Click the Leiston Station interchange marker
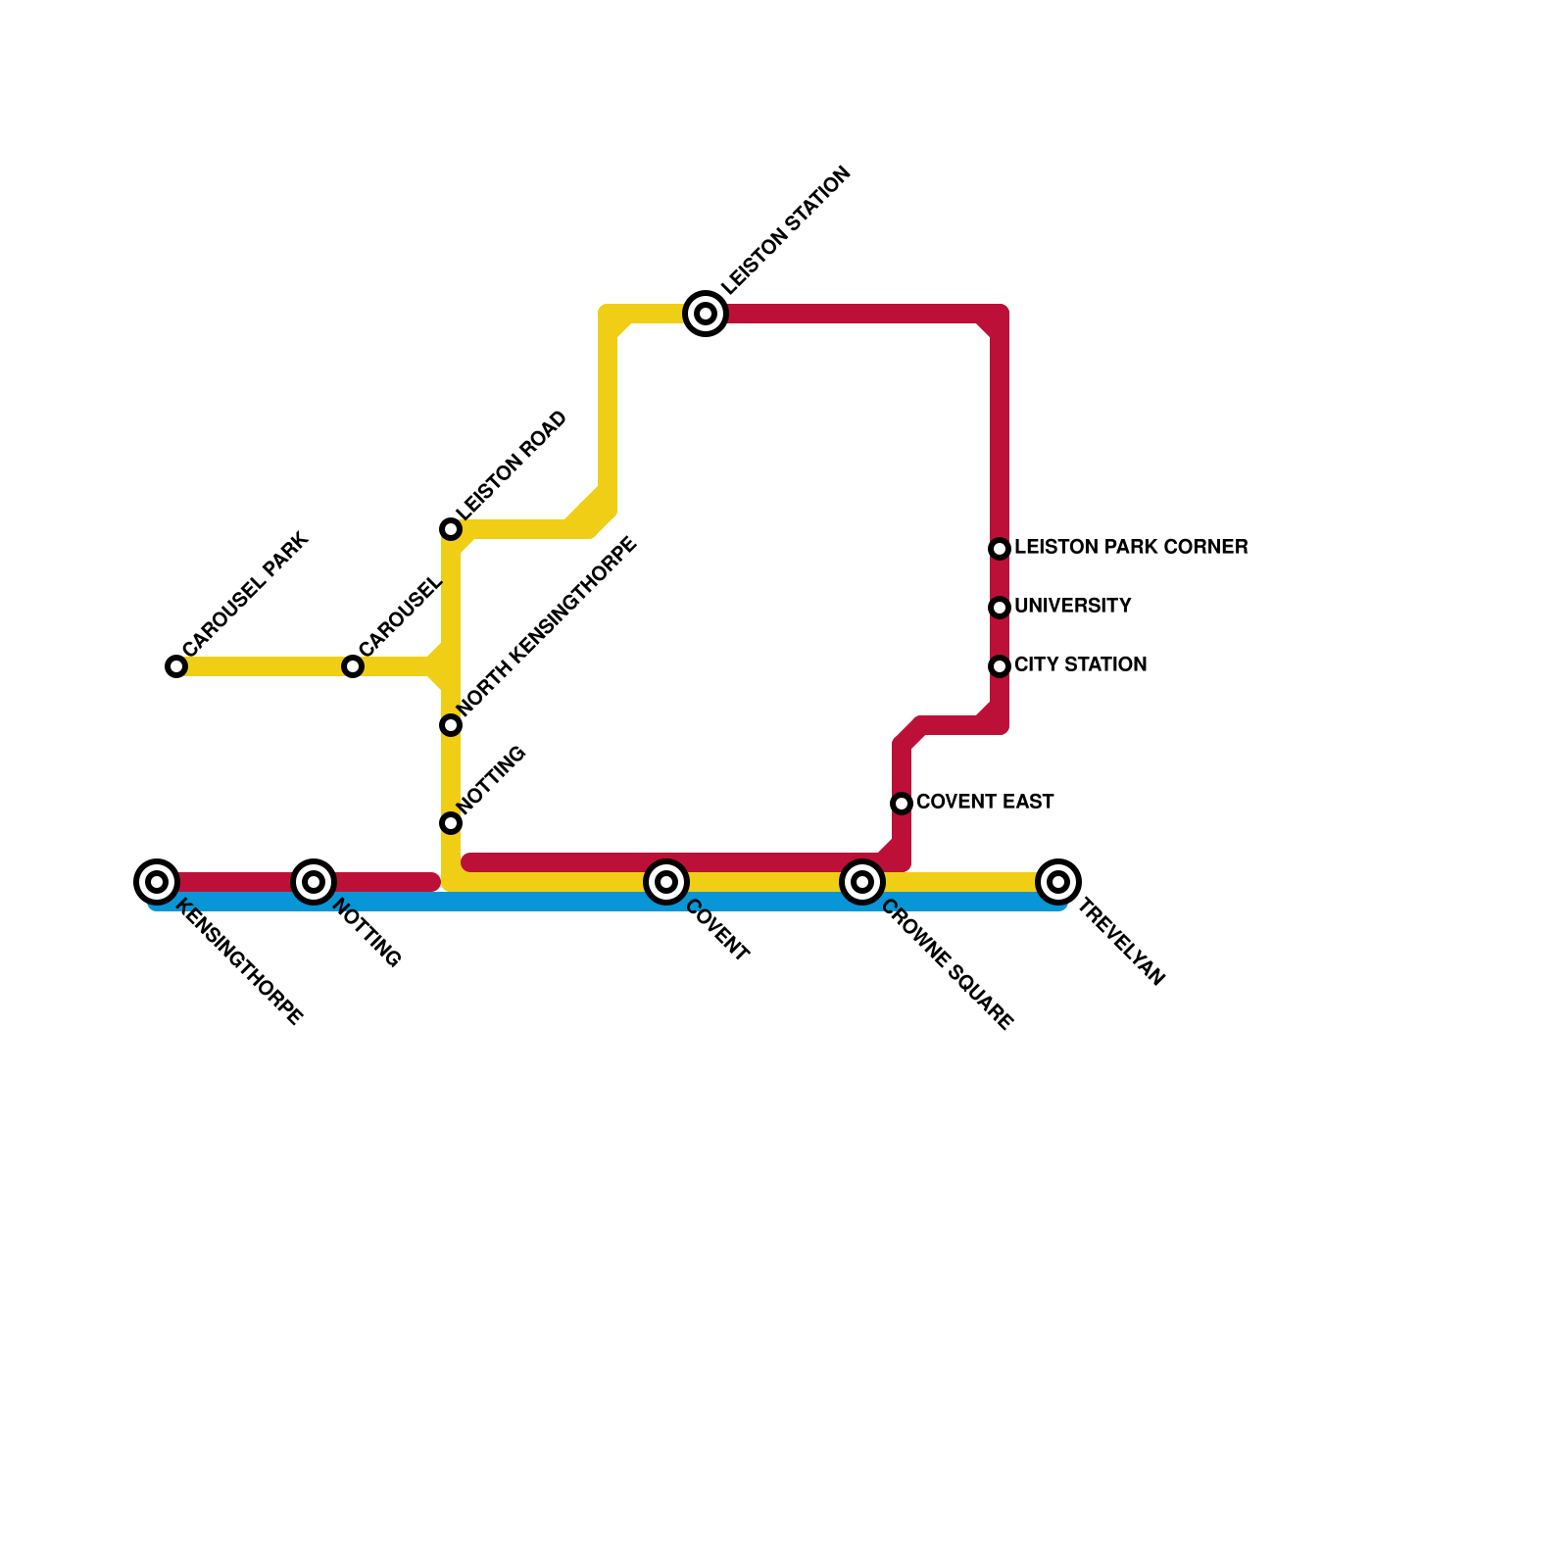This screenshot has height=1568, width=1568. coord(706,314)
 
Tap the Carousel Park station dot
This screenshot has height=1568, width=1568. coord(176,666)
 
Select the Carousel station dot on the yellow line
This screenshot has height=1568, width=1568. coord(353,666)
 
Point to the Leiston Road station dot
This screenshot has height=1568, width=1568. coord(451,529)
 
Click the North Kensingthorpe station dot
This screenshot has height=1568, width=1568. coord(451,725)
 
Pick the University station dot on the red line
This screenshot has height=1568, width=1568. coord(1000,608)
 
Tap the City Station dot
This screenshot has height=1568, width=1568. coord(1000,666)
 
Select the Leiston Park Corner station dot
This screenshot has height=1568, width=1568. coord(1000,549)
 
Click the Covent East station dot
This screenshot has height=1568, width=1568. coord(902,804)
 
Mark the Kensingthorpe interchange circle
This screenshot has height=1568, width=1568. coord(157,882)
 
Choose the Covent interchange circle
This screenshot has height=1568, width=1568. coord(666,882)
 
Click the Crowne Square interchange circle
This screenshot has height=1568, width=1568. coord(862,882)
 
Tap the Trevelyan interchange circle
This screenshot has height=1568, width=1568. coord(1058,882)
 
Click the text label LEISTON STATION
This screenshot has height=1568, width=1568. coord(787,231)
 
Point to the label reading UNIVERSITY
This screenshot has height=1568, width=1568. coord(1072,607)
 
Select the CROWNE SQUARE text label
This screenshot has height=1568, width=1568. coord(947,965)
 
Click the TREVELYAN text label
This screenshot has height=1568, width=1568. coord(1121,943)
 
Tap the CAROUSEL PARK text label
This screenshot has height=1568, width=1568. coord(246,595)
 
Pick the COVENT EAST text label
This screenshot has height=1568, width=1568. coord(985,803)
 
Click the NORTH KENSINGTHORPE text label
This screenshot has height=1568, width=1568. coord(548,624)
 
